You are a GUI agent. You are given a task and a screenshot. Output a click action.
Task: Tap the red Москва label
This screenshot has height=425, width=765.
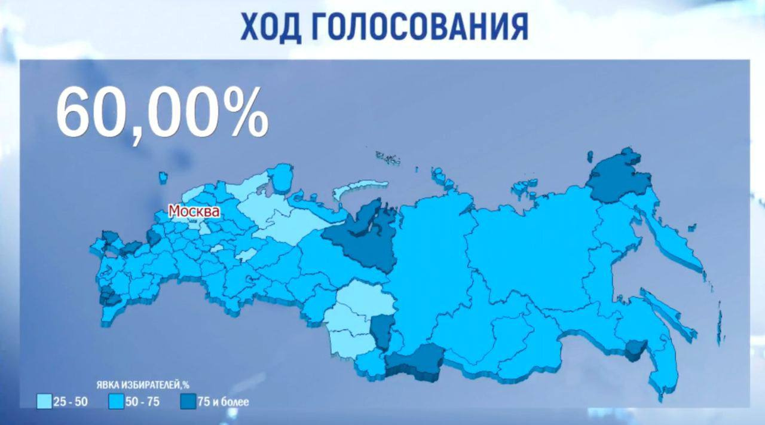194,211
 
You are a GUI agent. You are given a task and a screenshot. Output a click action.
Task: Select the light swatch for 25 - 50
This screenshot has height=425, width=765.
44,401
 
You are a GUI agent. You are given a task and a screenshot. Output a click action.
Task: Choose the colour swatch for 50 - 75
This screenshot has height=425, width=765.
117,401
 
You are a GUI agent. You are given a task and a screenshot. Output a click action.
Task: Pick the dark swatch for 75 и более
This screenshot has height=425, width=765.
188,401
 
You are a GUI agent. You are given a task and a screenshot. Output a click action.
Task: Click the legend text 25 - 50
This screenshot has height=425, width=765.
71,402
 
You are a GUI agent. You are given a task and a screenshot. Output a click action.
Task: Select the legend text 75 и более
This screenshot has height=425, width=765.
223,402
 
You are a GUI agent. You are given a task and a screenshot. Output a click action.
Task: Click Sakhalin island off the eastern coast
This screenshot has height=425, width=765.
666,308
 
